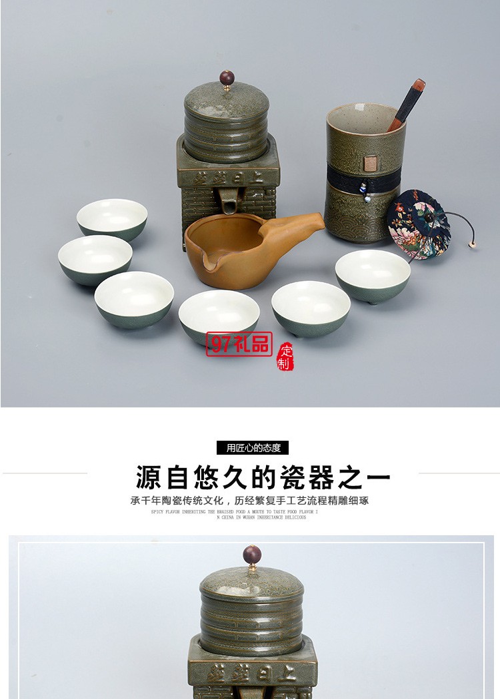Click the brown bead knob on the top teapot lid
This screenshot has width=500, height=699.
(227, 77)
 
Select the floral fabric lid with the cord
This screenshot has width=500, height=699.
(419, 223)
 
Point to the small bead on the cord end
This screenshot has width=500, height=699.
(472, 245)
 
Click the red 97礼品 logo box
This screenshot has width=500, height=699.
(239, 344)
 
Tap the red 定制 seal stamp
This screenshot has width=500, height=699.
(285, 357)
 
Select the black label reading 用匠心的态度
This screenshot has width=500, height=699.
(253, 448)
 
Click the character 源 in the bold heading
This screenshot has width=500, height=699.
(149, 477)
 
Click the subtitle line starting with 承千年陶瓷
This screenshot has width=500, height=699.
(249, 501)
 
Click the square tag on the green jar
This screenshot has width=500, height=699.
(368, 162)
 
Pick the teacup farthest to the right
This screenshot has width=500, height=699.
(373, 274)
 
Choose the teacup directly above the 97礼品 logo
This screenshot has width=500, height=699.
(219, 314)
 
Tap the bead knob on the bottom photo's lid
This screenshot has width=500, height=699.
(252, 555)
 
